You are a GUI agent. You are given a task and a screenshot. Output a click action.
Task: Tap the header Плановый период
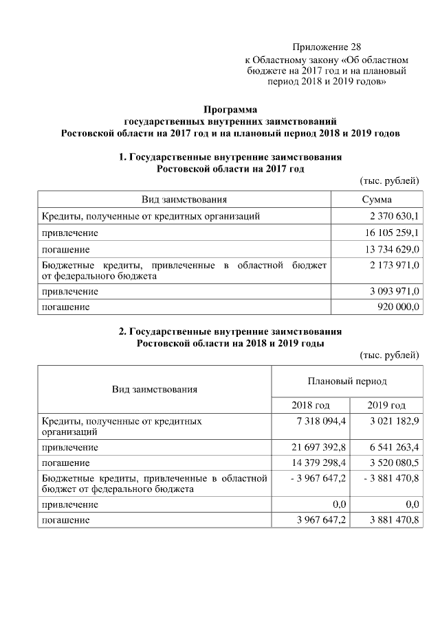pos(347,381)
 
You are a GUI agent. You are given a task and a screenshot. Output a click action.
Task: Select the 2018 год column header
pos(311,405)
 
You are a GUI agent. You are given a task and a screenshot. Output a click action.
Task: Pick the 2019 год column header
pos(386,405)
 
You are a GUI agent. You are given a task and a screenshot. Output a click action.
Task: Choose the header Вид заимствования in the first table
pos(184,200)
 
